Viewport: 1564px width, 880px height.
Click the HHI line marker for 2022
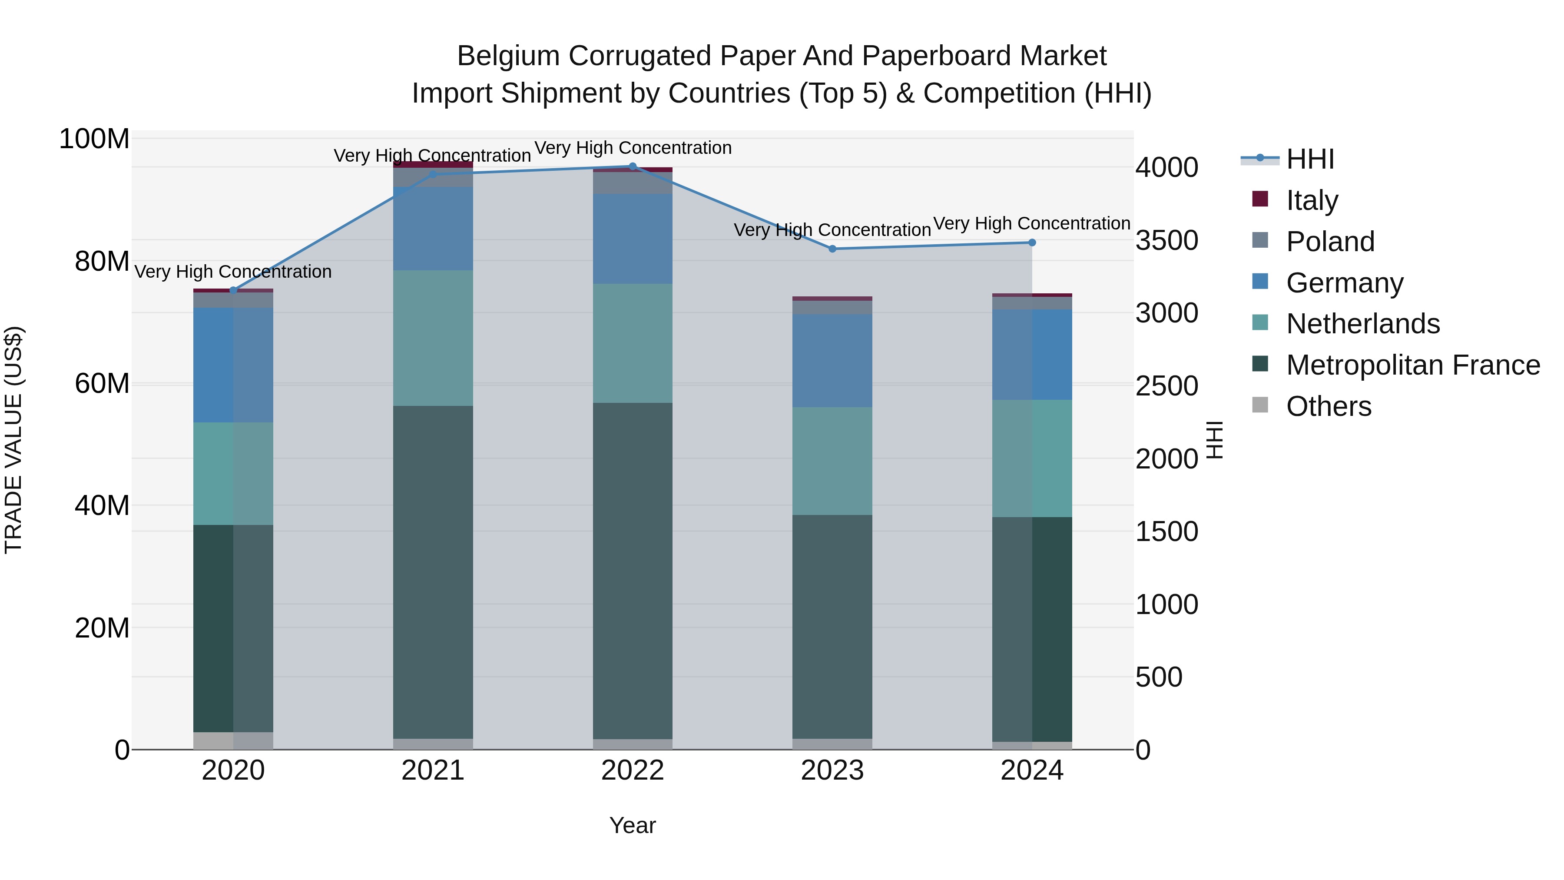pyautogui.click(x=633, y=166)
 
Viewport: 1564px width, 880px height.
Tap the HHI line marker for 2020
pyautogui.click(x=233, y=290)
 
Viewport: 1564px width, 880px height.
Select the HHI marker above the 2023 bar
pyautogui.click(x=832, y=249)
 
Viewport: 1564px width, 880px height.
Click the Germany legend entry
pyautogui.click(x=1344, y=283)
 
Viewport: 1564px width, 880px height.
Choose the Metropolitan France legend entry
pyautogui.click(x=1412, y=365)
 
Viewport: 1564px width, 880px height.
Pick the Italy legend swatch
pyautogui.click(x=1260, y=199)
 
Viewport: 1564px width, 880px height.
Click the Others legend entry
pyautogui.click(x=1329, y=406)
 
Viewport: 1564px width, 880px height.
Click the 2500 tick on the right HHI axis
pyautogui.click(x=1166, y=386)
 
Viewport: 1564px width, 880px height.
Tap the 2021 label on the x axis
pyautogui.click(x=433, y=770)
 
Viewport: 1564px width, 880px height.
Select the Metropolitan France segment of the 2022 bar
pyautogui.click(x=633, y=571)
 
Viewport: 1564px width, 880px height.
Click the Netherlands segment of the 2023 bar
pyautogui.click(x=832, y=461)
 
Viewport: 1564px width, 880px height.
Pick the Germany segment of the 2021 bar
pyautogui.click(x=433, y=229)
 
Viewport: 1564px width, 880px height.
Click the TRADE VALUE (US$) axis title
pyautogui.click(x=13, y=440)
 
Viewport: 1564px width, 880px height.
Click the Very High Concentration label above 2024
pyautogui.click(x=1031, y=223)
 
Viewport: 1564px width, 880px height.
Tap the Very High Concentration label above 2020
pyautogui.click(x=233, y=272)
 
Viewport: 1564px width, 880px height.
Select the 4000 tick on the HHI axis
pyautogui.click(x=1166, y=168)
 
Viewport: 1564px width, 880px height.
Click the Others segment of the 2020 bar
pyautogui.click(x=233, y=741)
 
